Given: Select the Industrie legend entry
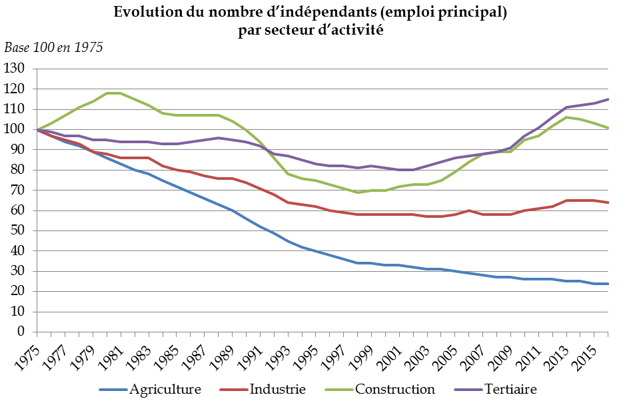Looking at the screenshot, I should [x=277, y=389].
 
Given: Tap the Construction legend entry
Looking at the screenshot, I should [x=394, y=389].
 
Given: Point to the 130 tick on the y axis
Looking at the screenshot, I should [x=15, y=69].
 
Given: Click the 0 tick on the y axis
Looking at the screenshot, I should [x=21, y=332].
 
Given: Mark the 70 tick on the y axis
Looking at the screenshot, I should [x=18, y=191].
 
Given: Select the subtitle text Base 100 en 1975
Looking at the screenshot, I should [x=53, y=47].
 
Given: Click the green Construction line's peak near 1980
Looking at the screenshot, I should [x=113, y=93].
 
